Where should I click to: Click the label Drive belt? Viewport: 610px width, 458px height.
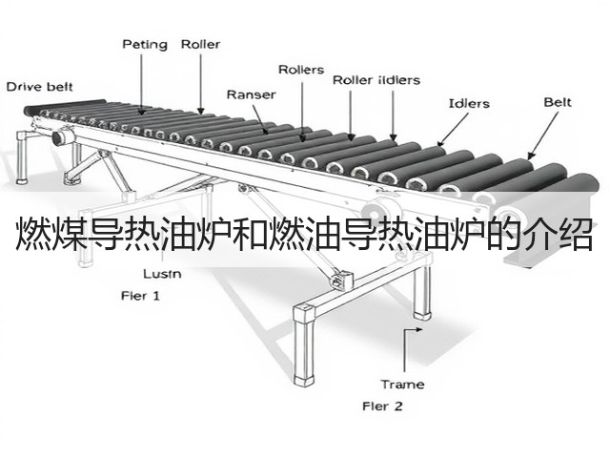tap(39, 87)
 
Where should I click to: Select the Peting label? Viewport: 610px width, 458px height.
tap(145, 45)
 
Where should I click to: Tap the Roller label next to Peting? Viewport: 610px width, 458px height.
tap(200, 44)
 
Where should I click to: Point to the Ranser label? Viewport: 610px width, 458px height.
tap(251, 94)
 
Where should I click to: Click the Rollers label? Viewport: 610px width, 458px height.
tap(301, 70)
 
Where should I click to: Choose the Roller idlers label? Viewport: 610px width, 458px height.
tap(376, 80)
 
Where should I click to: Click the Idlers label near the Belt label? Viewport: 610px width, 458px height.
tap(469, 103)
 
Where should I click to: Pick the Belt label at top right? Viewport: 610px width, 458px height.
tap(558, 102)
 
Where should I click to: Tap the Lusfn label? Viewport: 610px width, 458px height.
tap(162, 274)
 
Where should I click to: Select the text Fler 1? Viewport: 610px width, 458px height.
tap(140, 296)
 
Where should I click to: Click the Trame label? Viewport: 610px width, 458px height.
tap(402, 385)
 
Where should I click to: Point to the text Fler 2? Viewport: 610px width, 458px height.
tap(382, 406)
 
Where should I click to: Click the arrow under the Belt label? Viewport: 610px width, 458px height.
tap(543, 135)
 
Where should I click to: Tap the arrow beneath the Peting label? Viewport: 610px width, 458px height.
tap(142, 84)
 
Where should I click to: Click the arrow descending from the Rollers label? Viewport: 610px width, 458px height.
tap(303, 112)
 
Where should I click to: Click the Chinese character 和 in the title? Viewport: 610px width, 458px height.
tap(250, 235)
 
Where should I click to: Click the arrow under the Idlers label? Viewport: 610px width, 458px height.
tap(453, 130)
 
